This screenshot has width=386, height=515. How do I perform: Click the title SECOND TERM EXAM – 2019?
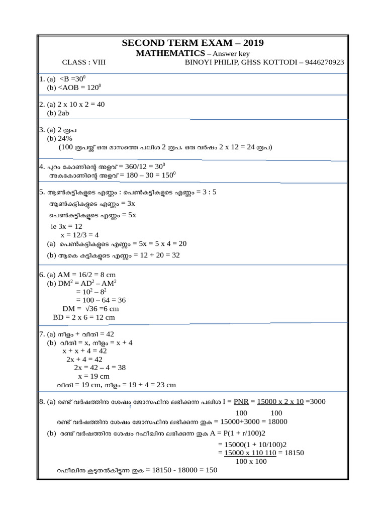(x=192, y=43)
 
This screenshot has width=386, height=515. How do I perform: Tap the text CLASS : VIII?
(x=84, y=62)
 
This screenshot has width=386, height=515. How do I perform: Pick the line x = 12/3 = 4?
(x=79, y=235)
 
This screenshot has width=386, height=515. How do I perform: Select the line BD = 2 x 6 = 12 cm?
(x=84, y=317)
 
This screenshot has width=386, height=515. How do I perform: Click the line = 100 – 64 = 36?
(x=97, y=300)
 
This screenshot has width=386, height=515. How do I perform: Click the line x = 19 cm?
(x=93, y=376)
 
